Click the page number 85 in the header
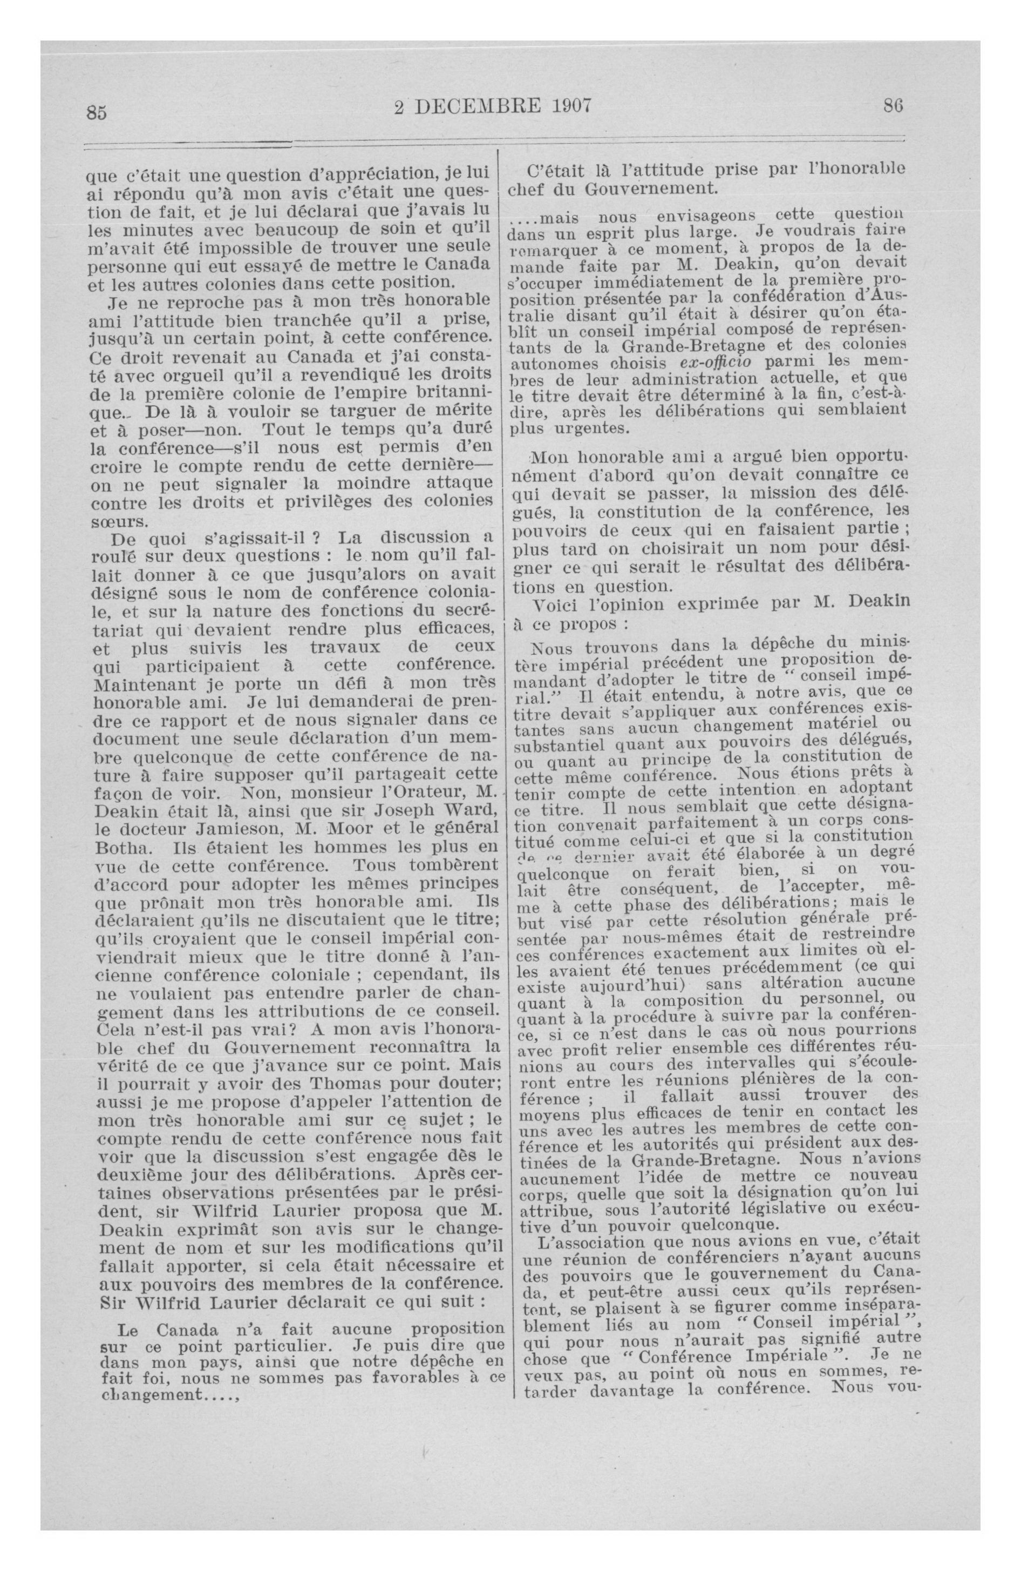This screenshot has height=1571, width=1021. pos(96,113)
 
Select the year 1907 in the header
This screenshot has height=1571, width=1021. pos(564,105)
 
